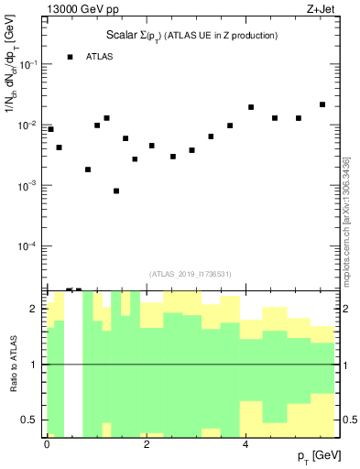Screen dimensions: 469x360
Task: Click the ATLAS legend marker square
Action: click(70, 57)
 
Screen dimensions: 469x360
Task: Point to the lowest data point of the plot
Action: click(116, 191)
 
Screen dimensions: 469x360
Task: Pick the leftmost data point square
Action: click(50, 129)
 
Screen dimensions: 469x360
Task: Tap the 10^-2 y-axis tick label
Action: click(28, 125)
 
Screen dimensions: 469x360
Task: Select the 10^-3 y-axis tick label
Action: click(28, 185)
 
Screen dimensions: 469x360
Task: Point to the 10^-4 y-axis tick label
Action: click(28, 246)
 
